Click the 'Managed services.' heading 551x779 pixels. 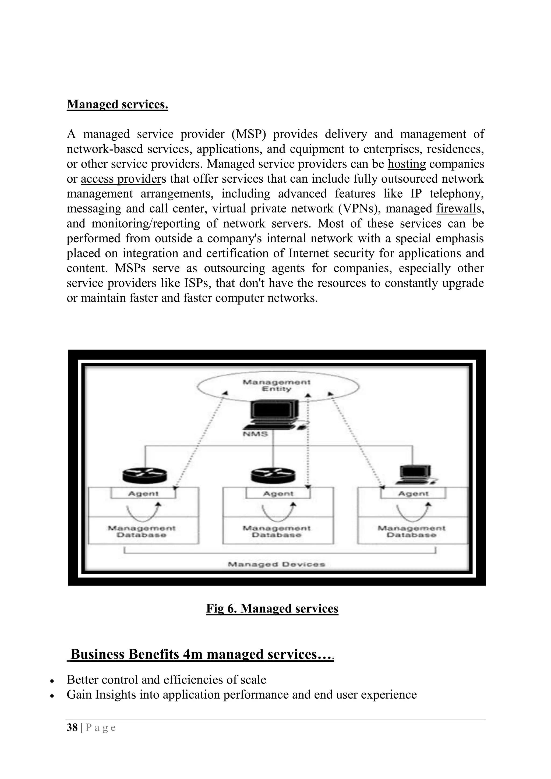point(117,104)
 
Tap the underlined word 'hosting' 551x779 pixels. point(407,164)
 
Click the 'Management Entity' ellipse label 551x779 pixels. point(277,385)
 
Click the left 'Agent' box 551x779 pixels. point(143,494)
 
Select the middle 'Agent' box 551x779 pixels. point(278,494)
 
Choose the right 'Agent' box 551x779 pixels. point(413,494)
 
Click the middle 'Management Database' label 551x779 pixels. point(277,532)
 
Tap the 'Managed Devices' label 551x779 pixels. point(277,564)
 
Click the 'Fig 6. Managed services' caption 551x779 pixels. point(272,609)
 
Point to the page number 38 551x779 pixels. point(72,728)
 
